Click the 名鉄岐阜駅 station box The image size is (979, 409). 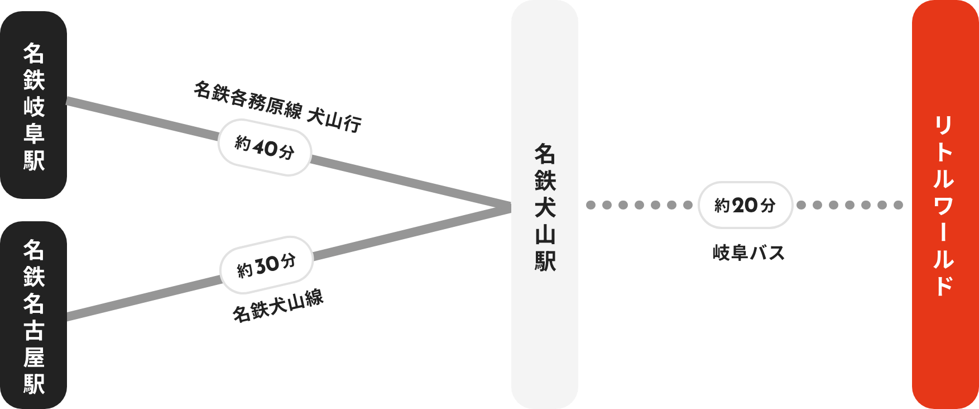pyautogui.click(x=33, y=105)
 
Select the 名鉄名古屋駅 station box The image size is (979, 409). pyautogui.click(x=33, y=316)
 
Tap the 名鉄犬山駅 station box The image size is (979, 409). pyautogui.click(x=545, y=204)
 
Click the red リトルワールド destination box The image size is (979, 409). pyautogui.click(x=944, y=204)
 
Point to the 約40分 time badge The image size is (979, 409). pyautogui.click(x=264, y=148)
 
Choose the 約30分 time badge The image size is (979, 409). pyautogui.click(x=266, y=265)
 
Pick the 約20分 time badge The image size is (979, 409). pyautogui.click(x=745, y=205)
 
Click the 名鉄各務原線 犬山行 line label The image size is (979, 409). pyautogui.click(x=277, y=106)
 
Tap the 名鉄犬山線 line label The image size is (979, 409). pyautogui.click(x=278, y=306)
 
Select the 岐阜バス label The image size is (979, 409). pyautogui.click(x=748, y=253)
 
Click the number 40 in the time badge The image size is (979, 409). pyautogui.click(x=265, y=148)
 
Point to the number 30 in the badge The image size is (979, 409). pyautogui.click(x=267, y=265)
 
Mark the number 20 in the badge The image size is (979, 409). pyautogui.click(x=744, y=206)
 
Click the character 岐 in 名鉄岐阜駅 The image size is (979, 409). pyautogui.click(x=33, y=106)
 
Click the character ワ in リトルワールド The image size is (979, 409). pyautogui.click(x=944, y=206)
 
